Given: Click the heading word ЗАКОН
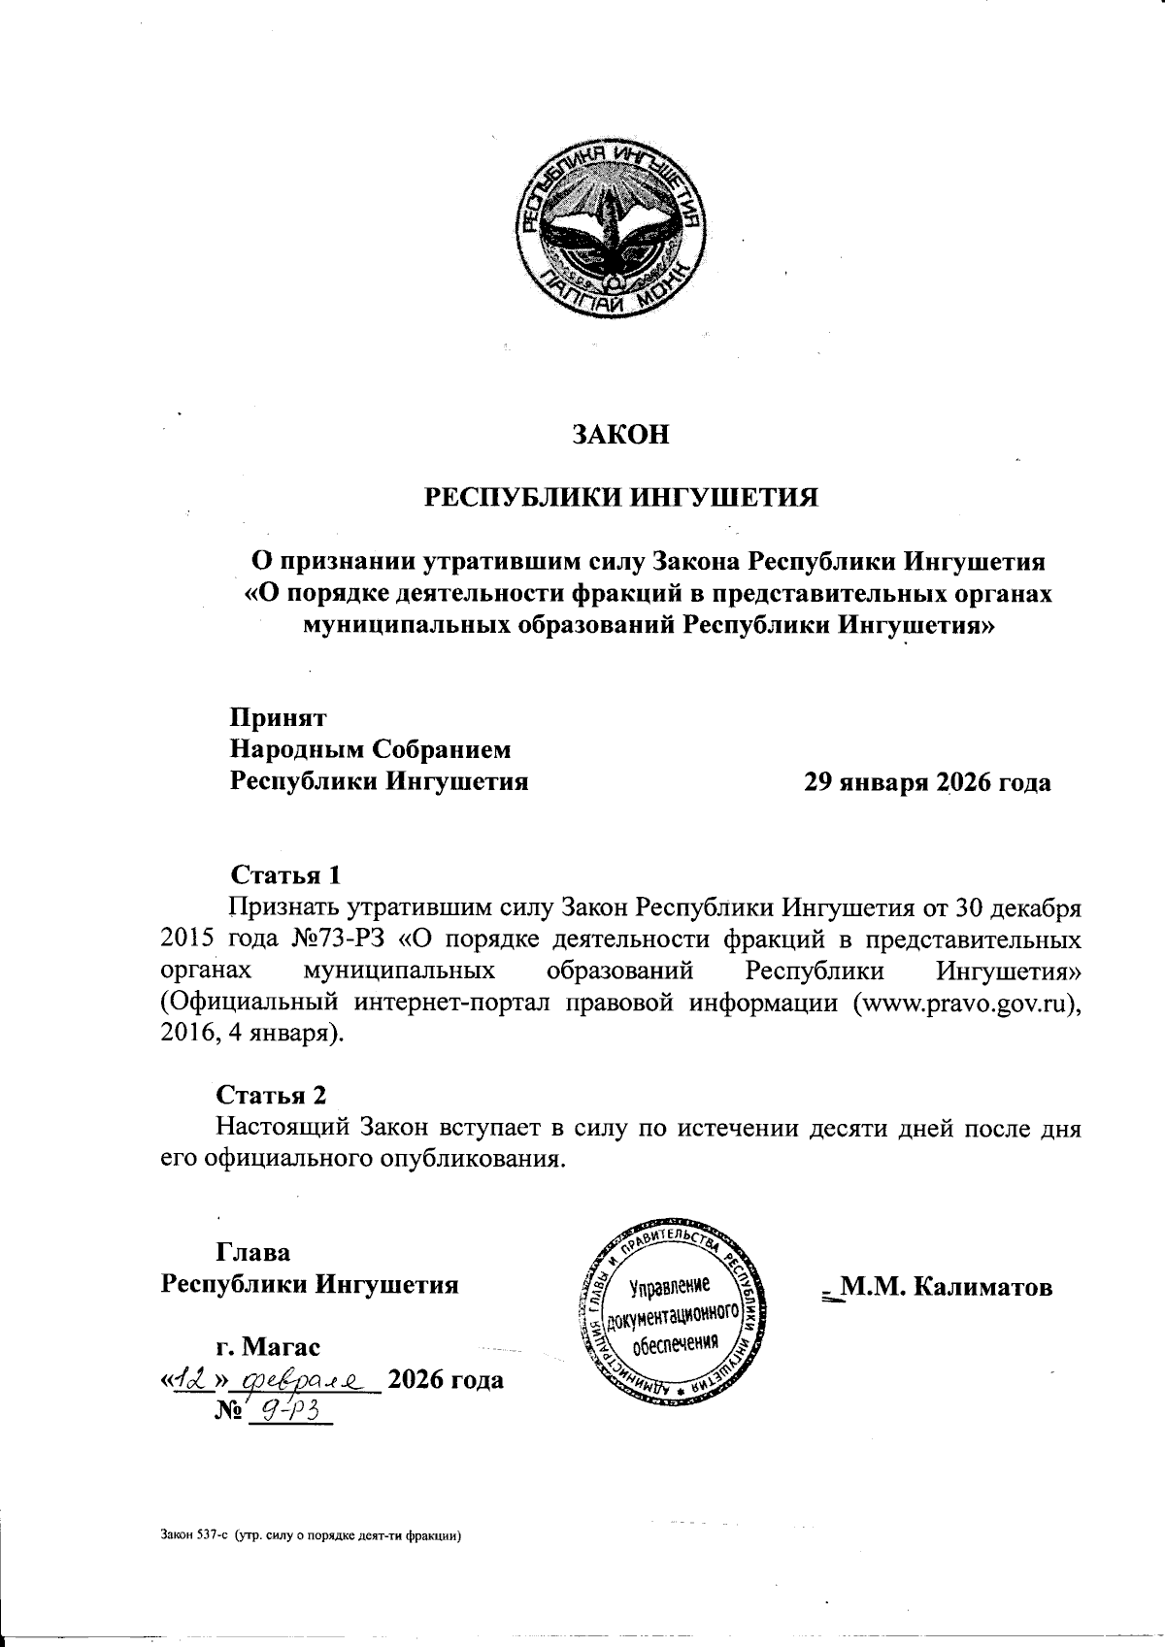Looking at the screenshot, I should click(620, 435).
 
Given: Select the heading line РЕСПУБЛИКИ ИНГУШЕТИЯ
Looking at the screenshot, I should click(621, 498).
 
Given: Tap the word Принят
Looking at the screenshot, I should click(278, 718).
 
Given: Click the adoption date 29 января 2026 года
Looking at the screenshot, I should click(926, 782).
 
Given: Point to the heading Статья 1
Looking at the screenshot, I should click(285, 874).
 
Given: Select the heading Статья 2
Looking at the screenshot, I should click(271, 1095).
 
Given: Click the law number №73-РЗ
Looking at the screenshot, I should click(339, 941).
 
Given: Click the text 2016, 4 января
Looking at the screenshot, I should click(249, 1034).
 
